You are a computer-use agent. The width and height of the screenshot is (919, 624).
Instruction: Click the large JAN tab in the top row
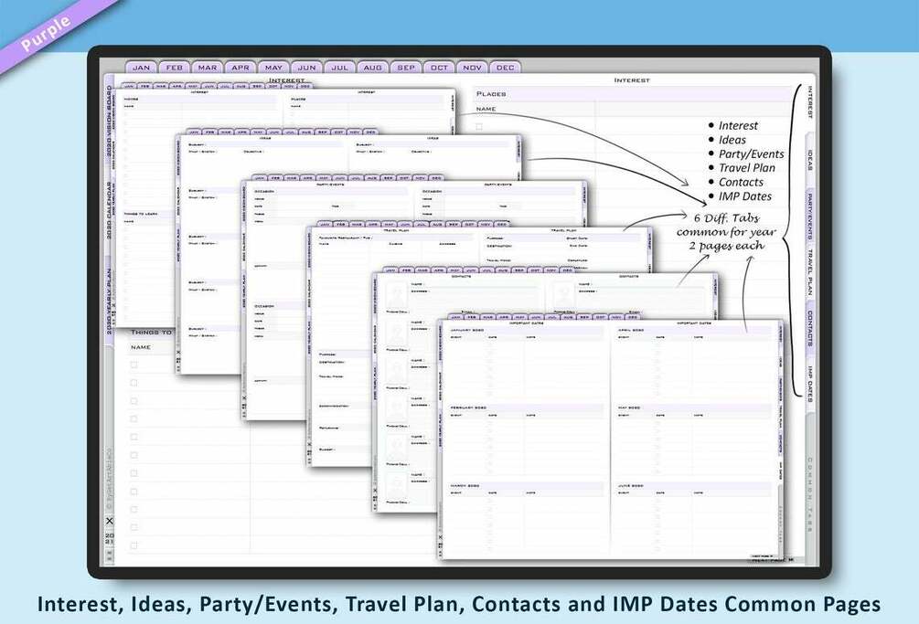[142, 68]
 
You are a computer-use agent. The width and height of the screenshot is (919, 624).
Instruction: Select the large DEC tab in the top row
[505, 68]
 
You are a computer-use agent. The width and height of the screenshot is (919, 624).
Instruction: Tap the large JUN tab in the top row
[306, 68]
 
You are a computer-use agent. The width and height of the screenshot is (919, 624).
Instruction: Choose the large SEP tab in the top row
[406, 68]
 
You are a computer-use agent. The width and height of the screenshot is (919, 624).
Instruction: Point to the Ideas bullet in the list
[732, 140]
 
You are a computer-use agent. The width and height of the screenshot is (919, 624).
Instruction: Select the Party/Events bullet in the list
[751, 153]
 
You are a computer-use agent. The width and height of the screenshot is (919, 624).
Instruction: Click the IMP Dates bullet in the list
[744, 196]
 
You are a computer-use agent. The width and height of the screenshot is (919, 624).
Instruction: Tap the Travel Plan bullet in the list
[746, 167]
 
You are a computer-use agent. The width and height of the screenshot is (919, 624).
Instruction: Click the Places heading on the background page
[491, 94]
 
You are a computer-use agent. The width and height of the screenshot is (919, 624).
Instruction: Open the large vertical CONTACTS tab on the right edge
[810, 327]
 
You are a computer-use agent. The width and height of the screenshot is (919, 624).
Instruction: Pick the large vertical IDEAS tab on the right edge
[810, 161]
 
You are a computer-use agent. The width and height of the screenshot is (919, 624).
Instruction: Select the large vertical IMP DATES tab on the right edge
[810, 384]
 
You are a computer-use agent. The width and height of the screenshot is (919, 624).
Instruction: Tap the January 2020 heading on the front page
[472, 330]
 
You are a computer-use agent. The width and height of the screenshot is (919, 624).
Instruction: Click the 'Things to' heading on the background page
[151, 333]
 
